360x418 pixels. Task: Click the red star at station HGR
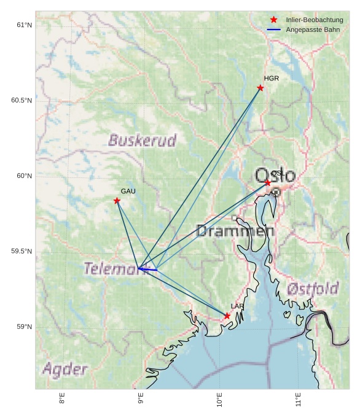[x=260, y=88]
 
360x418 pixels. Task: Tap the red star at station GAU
[x=117, y=201]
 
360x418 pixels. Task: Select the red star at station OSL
[x=268, y=183]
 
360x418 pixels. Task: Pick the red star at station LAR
[x=227, y=315]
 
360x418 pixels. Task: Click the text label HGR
[x=271, y=79]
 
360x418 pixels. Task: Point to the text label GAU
[x=128, y=192]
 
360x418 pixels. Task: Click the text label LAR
[x=237, y=306]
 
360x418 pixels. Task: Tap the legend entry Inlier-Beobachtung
[x=314, y=20]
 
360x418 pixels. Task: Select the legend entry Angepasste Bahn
[x=313, y=29]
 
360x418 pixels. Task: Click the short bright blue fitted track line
[x=147, y=269]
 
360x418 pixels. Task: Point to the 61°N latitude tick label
[x=24, y=25]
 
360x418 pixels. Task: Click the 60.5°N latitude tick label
[x=22, y=100]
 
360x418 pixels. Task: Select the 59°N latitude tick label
[x=24, y=327]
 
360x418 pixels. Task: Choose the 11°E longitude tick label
[x=299, y=400]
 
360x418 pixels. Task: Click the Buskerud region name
[x=142, y=141]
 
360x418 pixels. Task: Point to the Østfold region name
[x=313, y=288]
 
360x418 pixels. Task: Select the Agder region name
[x=65, y=370]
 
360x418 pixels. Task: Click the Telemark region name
[x=111, y=269]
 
